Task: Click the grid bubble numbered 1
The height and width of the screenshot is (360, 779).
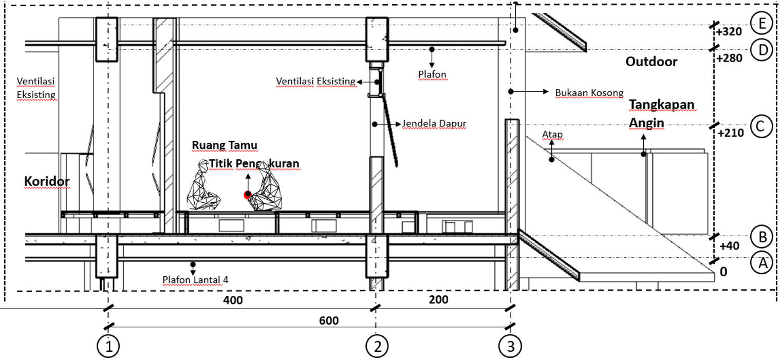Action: [x=108, y=347]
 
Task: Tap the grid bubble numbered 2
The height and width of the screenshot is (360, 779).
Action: [x=377, y=347]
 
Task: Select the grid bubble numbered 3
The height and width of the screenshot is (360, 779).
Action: [x=510, y=347]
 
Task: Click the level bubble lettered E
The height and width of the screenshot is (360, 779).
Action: [x=762, y=23]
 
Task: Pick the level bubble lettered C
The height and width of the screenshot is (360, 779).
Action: [x=761, y=126]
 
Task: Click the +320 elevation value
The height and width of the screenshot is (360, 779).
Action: [x=729, y=32]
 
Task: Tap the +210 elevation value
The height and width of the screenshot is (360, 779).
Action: [x=731, y=132]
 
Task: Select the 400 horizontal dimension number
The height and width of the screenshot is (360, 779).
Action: [x=233, y=300]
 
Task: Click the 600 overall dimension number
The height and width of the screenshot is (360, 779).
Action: [x=329, y=320]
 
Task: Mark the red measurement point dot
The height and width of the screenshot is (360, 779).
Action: [x=247, y=195]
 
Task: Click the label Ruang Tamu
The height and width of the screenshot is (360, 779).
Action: [x=225, y=145]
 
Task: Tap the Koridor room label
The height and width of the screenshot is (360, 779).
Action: [x=47, y=181]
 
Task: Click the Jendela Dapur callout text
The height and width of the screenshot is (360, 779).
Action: [x=434, y=124]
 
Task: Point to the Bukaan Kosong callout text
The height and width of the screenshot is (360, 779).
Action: [x=589, y=93]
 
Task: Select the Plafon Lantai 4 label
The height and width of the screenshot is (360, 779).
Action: [x=195, y=280]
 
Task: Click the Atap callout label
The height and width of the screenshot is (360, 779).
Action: [x=552, y=134]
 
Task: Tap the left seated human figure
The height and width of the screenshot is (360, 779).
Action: [x=203, y=185]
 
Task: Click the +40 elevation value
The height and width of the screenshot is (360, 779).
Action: [x=729, y=246]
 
